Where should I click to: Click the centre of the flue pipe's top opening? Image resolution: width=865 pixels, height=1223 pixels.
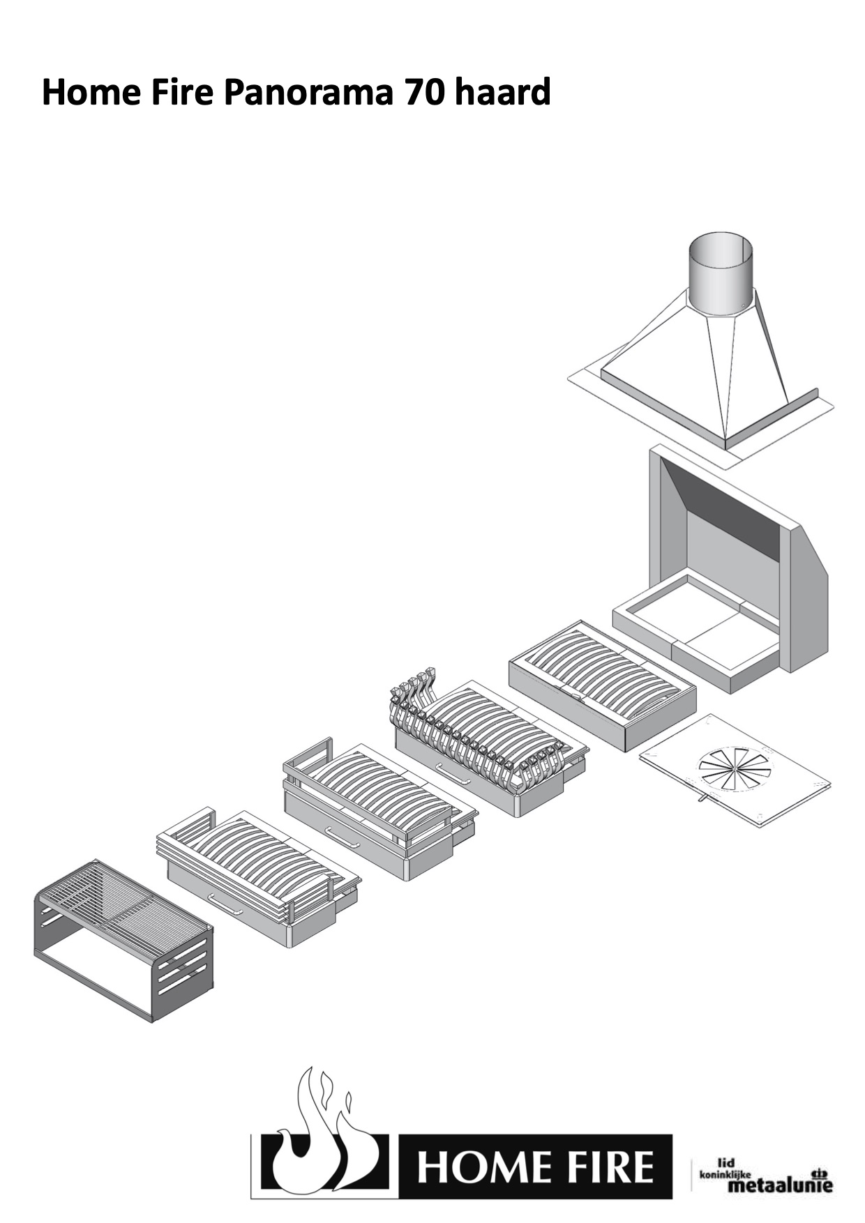click(x=721, y=249)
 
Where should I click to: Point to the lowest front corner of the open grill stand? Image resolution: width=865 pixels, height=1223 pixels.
click(x=153, y=1021)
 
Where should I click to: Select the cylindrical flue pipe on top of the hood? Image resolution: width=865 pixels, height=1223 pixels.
click(x=721, y=275)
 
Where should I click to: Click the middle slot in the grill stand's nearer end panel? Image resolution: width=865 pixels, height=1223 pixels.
click(x=182, y=963)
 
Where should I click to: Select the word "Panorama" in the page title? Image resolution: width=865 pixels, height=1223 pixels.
click(x=308, y=93)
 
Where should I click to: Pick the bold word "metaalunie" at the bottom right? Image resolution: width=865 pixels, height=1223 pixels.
click(x=780, y=1185)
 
